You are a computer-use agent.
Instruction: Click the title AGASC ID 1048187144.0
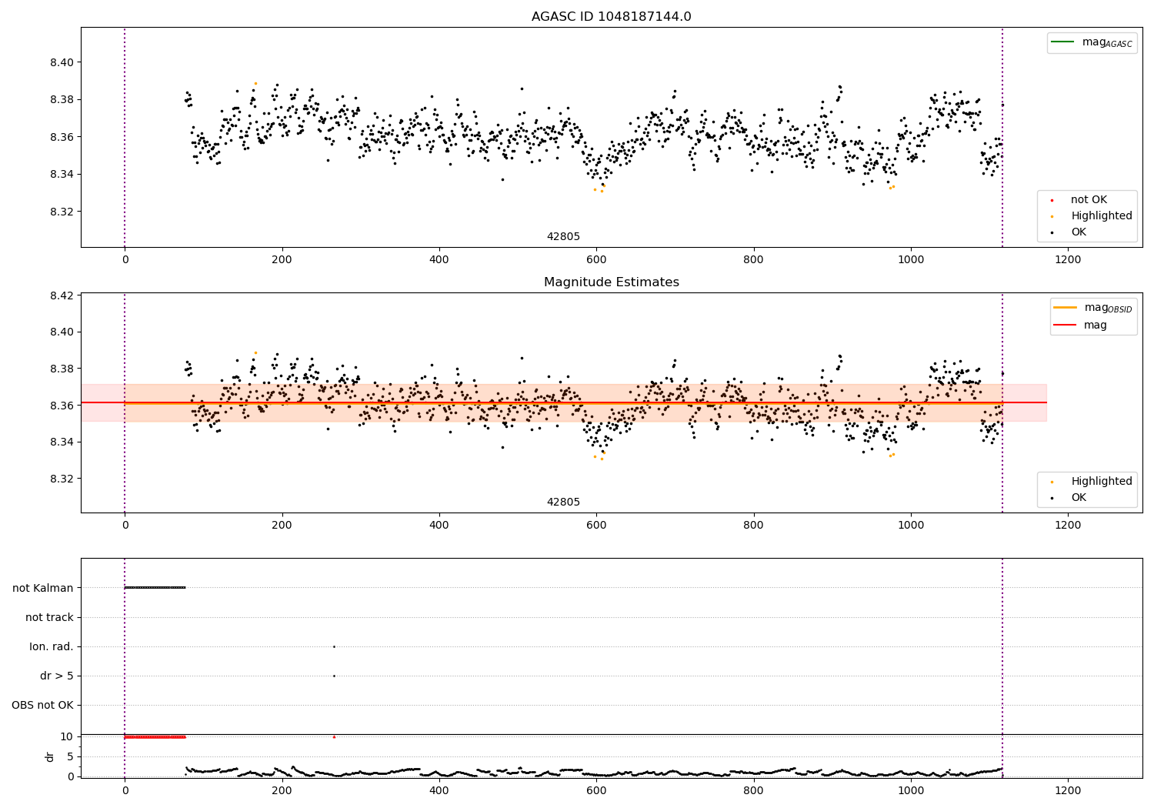pyautogui.click(x=611, y=17)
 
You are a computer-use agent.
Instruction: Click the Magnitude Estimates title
pyautogui.click(x=611, y=282)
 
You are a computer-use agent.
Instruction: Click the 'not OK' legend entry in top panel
pyautogui.click(x=1089, y=200)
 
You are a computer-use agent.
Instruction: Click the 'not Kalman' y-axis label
pyautogui.click(x=43, y=588)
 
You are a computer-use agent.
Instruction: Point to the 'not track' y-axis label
pyautogui.click(x=49, y=617)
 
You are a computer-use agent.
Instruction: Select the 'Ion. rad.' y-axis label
pyautogui.click(x=52, y=646)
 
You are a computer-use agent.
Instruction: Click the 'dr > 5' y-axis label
pyautogui.click(x=57, y=676)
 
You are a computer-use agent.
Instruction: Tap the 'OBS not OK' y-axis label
pyautogui.click(x=42, y=705)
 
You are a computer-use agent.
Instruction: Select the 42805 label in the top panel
pyautogui.click(x=563, y=236)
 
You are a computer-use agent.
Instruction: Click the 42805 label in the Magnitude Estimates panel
pyautogui.click(x=563, y=502)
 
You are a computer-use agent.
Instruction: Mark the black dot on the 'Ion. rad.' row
pyautogui.click(x=334, y=646)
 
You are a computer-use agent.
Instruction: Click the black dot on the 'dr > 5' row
pyautogui.click(x=334, y=676)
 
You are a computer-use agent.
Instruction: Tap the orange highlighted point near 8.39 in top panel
pyautogui.click(x=255, y=83)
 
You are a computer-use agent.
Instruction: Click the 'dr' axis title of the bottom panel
pyautogui.click(x=50, y=756)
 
